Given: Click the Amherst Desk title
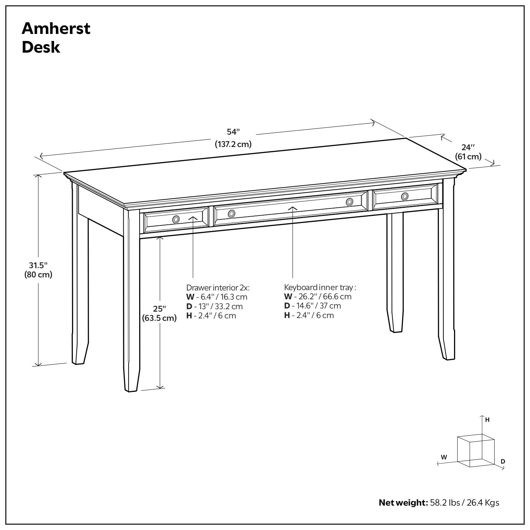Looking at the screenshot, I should pyautogui.click(x=56, y=38).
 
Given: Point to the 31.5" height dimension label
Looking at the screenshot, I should pyautogui.click(x=38, y=270).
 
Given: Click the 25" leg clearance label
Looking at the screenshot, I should pyautogui.click(x=159, y=313).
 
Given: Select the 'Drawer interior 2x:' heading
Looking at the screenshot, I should pyautogui.click(x=218, y=288).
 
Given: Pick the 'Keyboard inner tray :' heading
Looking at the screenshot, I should pyautogui.click(x=320, y=287).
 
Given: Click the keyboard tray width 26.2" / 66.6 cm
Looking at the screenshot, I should pyautogui.click(x=318, y=296).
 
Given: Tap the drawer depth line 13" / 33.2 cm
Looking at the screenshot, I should pyautogui.click(x=214, y=306).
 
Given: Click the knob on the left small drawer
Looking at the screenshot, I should pyautogui.click(x=176, y=219).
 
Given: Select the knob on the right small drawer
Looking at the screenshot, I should pyautogui.click(x=405, y=196).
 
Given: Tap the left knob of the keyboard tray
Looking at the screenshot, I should pyautogui.click(x=231, y=213).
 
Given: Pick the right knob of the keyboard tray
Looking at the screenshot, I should pyautogui.click(x=349, y=202).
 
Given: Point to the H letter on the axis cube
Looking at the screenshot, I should pyautogui.click(x=487, y=420).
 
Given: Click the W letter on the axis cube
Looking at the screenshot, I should pyautogui.click(x=444, y=457).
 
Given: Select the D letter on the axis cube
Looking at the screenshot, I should pyautogui.click(x=503, y=461).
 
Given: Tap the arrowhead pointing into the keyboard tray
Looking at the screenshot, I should pyautogui.click(x=293, y=208).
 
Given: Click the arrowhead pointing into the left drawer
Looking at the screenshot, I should pyautogui.click(x=193, y=218).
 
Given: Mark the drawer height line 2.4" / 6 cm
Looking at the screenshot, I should pyautogui.click(x=211, y=316).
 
